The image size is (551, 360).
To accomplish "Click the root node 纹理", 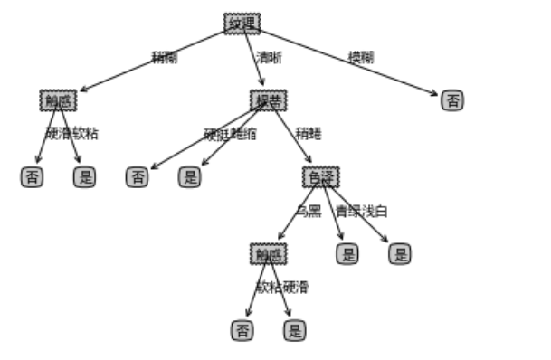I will (242, 24).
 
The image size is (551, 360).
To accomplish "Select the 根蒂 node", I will (268, 100).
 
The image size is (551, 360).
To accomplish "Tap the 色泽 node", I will (320, 177).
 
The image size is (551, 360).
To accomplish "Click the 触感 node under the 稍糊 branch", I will (58, 100).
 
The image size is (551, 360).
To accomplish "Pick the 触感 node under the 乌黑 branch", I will (268, 254).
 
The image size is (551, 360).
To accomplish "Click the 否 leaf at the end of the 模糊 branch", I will (452, 100).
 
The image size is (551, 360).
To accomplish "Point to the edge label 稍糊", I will (164, 58).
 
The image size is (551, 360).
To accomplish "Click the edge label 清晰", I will (269, 58).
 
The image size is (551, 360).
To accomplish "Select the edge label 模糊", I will (361, 57).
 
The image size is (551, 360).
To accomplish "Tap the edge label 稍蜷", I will (308, 134).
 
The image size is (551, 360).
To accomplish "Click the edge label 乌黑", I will (308, 212).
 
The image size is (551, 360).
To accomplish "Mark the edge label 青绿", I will (347, 212).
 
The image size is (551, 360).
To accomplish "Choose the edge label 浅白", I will (375, 212).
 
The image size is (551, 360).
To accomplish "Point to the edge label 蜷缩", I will (243, 135).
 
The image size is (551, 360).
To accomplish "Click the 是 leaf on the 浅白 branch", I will (400, 254).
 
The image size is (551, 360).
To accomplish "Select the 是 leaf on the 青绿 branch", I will (347, 254).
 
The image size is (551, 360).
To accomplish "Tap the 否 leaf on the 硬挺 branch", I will (137, 177).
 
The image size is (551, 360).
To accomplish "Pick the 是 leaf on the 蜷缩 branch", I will (189, 177).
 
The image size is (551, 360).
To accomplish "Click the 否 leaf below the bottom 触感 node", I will (242, 331).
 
